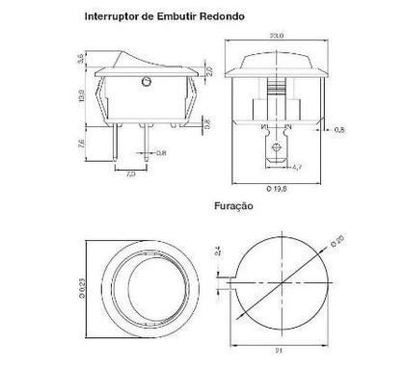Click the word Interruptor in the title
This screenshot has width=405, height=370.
[111, 15]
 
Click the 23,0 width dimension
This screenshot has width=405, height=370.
[278, 36]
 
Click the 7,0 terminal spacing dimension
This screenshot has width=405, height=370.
[131, 175]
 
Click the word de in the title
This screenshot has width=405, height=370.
[146, 15]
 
